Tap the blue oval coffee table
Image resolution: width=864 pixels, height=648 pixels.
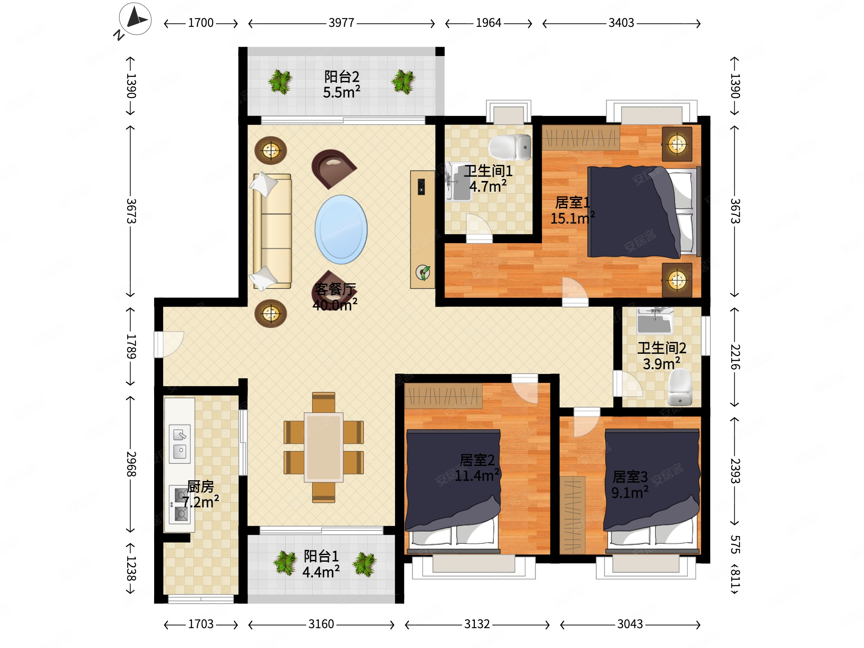pyautogui.click(x=341, y=229)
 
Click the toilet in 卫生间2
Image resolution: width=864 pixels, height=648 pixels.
pyautogui.click(x=680, y=388)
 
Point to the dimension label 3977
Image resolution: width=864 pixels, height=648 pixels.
pyautogui.click(x=341, y=23)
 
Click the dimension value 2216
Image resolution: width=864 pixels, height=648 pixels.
pyautogui.click(x=735, y=357)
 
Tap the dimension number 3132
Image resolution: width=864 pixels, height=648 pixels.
pyautogui.click(x=477, y=624)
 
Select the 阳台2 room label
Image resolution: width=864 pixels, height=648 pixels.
pyautogui.click(x=342, y=77)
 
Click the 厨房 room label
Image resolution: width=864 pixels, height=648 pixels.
pyautogui.click(x=200, y=486)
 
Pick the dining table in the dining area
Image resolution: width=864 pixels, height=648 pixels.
pyautogui.click(x=324, y=447)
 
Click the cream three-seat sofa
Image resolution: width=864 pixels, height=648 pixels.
pyautogui.click(x=272, y=231)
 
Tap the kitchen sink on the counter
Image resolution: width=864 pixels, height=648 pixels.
pyautogui.click(x=180, y=444)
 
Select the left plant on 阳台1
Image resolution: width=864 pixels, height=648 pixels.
pyautogui.click(x=285, y=563)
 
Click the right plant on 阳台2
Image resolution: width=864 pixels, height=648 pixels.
pyautogui.click(x=403, y=82)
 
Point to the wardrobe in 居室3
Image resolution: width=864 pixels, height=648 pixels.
pyautogui.click(x=572, y=515)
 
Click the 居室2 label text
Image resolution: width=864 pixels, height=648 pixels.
pyautogui.click(x=477, y=460)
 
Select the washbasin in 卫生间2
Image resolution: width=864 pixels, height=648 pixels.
pyautogui.click(x=655, y=321)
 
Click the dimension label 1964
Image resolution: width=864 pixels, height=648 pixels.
pyautogui.click(x=488, y=23)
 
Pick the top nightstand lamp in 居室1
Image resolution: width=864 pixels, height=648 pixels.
pyautogui.click(x=677, y=144)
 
